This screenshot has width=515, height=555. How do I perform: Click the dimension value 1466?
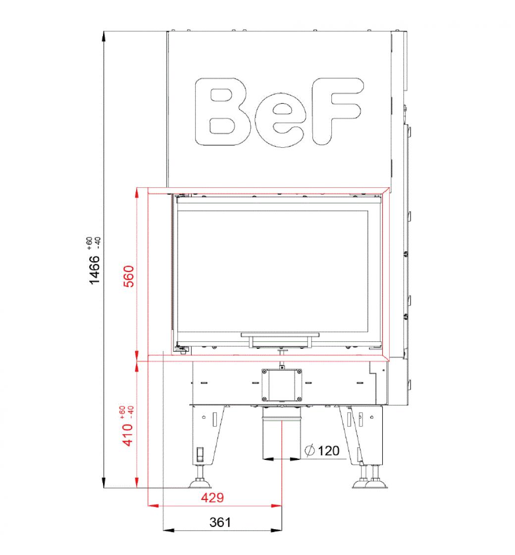click(x=95, y=270)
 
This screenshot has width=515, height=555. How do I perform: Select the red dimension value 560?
click(x=129, y=277)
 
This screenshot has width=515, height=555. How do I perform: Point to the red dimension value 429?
click(x=212, y=498)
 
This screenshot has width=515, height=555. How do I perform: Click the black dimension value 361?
click(x=220, y=522)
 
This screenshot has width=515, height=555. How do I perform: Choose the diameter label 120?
click(x=329, y=451)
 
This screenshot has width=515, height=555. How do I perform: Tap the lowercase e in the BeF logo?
click(x=279, y=120)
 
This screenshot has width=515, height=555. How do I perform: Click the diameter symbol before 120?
click(x=309, y=450)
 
